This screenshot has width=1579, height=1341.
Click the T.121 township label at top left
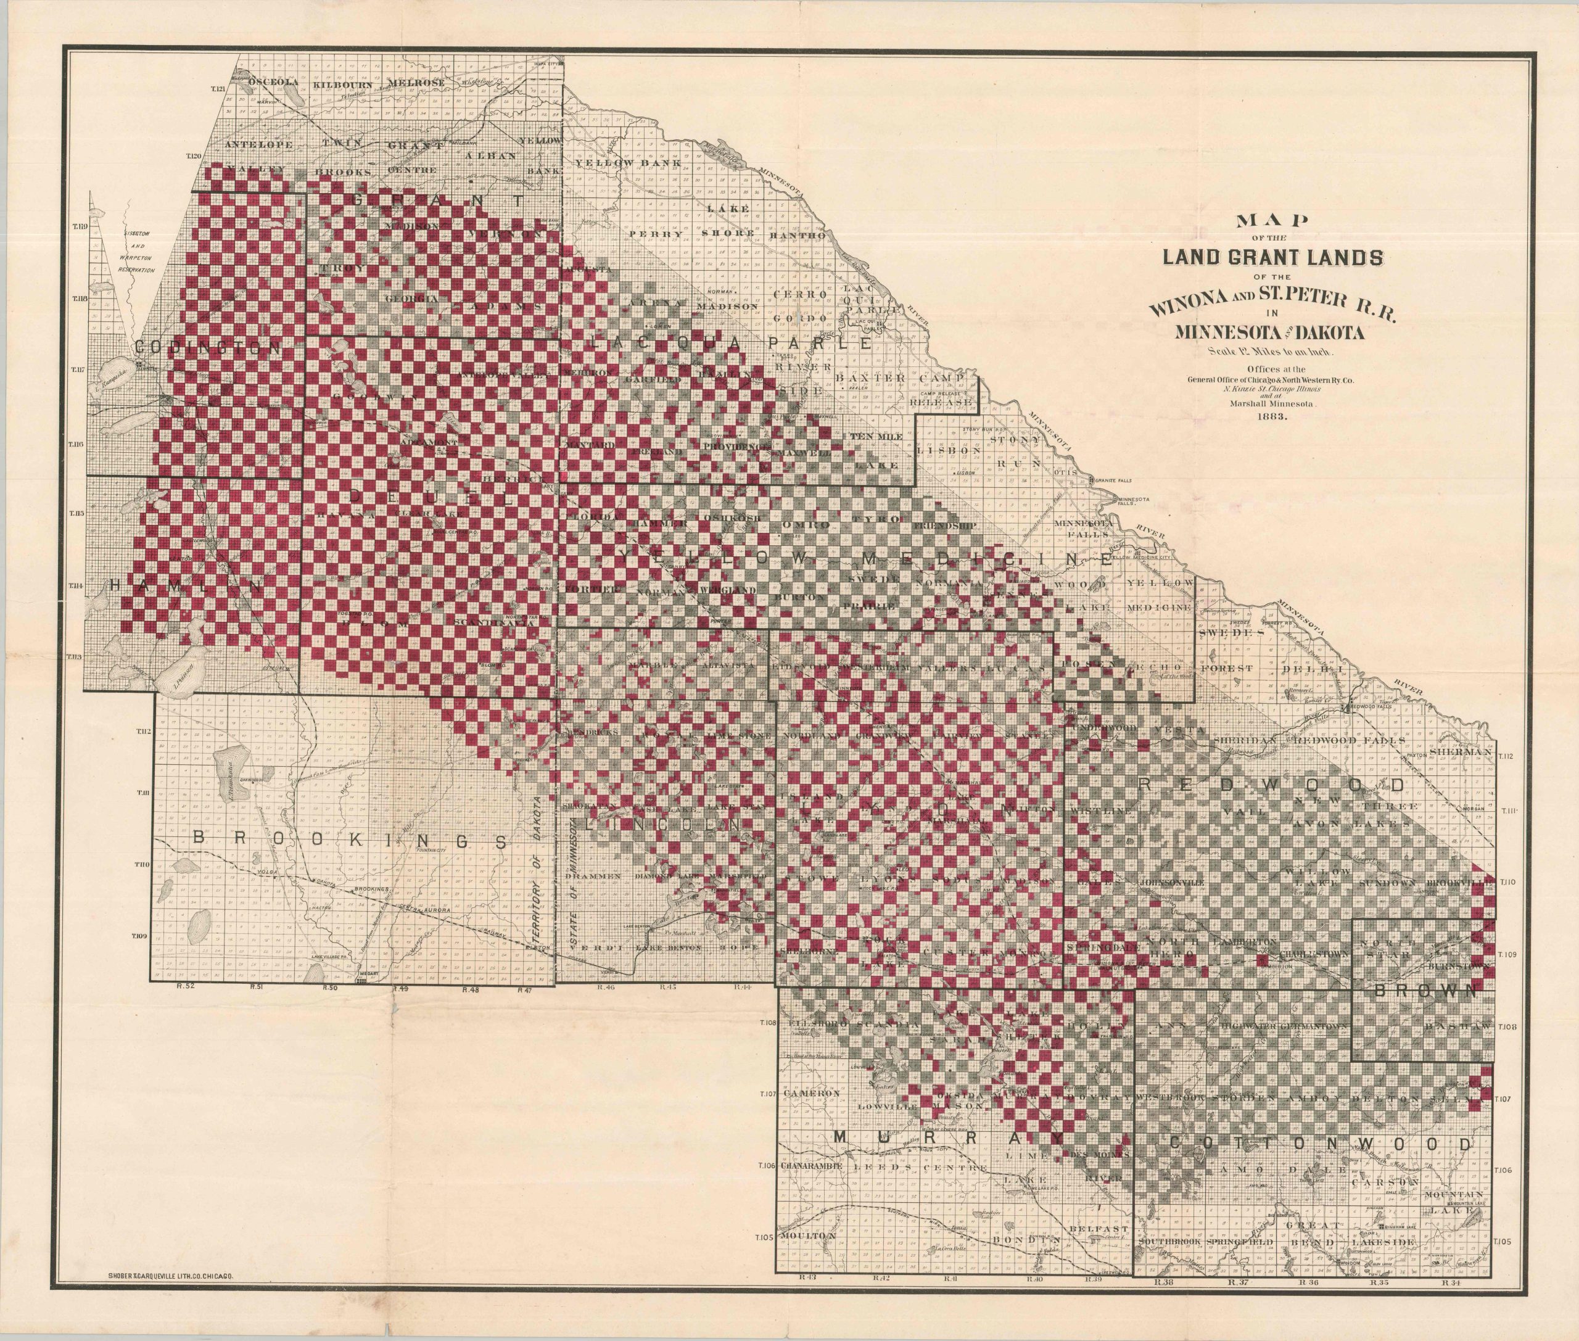pyautogui.click(x=219, y=89)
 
